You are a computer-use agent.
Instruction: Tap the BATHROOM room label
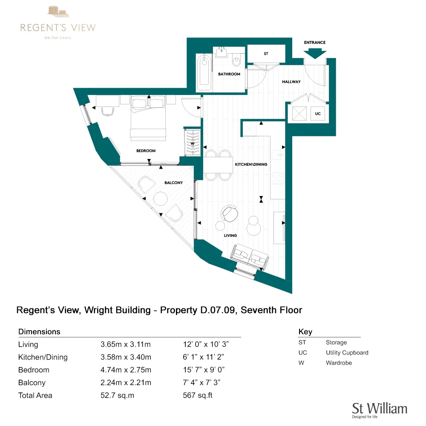tap(229, 74)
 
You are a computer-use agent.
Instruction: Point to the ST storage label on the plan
tap(266, 54)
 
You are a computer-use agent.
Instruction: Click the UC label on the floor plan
tap(317, 114)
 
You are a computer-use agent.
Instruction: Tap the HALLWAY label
tap(291, 82)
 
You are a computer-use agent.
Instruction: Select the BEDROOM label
tap(146, 151)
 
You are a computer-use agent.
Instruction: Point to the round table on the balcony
tap(161, 199)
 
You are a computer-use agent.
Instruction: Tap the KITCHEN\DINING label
tap(251, 164)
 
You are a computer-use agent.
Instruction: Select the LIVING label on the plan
tap(230, 235)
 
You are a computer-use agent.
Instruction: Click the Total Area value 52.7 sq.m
tap(117, 395)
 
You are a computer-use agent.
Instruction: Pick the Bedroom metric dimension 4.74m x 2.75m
tap(126, 370)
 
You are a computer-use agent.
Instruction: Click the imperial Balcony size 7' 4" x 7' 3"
tap(201, 383)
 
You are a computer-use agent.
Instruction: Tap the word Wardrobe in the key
tap(339, 363)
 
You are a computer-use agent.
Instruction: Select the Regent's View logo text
tap(58, 28)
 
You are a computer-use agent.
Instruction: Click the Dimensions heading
tap(39, 332)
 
